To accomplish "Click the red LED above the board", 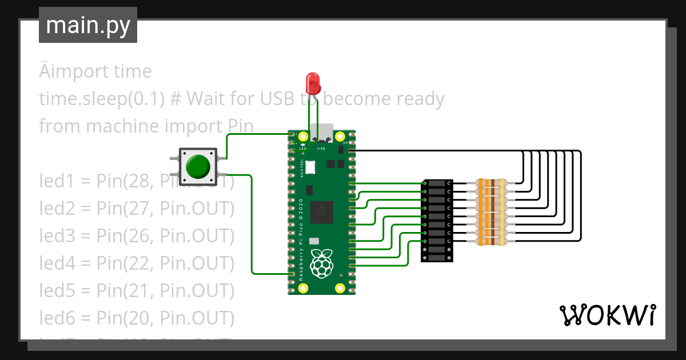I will point(313,83).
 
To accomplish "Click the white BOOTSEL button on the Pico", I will point(310,167).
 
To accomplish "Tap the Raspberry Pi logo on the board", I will point(321,263).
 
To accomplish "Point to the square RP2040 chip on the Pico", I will point(322,213).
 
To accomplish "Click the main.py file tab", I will point(87,26).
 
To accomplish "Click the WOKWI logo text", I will point(607,315).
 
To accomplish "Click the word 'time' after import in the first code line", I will point(132,71).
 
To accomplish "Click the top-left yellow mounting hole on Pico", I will point(303,137).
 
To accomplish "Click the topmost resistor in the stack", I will point(491,183).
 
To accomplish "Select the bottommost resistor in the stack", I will point(491,242).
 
